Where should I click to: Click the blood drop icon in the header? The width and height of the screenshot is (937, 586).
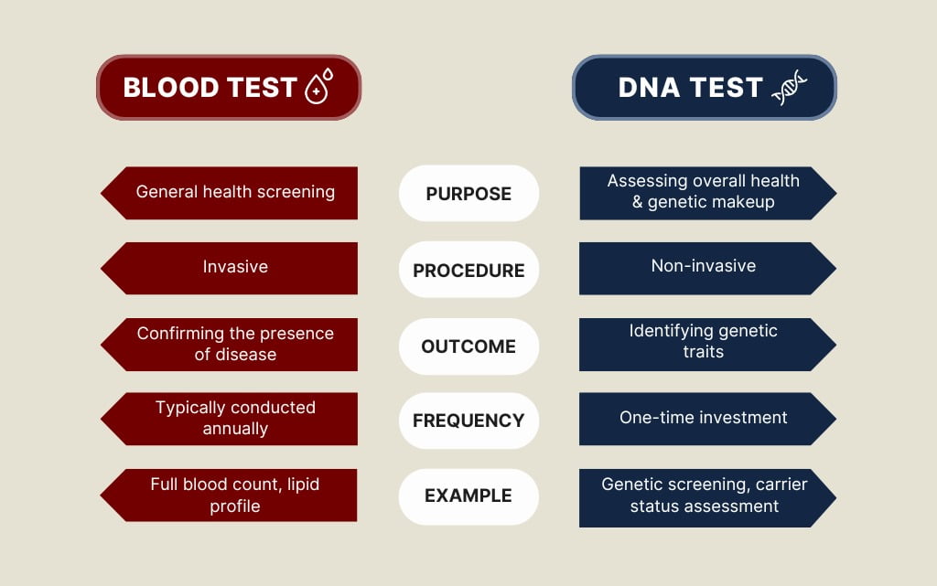318,86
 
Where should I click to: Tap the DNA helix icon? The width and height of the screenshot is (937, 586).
790,87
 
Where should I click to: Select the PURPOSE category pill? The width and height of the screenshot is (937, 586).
468,193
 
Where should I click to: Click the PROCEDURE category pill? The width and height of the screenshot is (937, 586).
468,270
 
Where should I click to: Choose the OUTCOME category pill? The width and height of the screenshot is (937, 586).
468,346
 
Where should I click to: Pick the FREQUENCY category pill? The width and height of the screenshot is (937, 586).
468,421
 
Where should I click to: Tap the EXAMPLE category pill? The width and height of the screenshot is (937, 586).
468,496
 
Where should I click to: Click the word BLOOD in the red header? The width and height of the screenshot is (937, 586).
170,88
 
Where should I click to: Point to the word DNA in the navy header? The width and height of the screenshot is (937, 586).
649,88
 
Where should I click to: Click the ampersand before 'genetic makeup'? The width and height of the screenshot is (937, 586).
637,202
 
